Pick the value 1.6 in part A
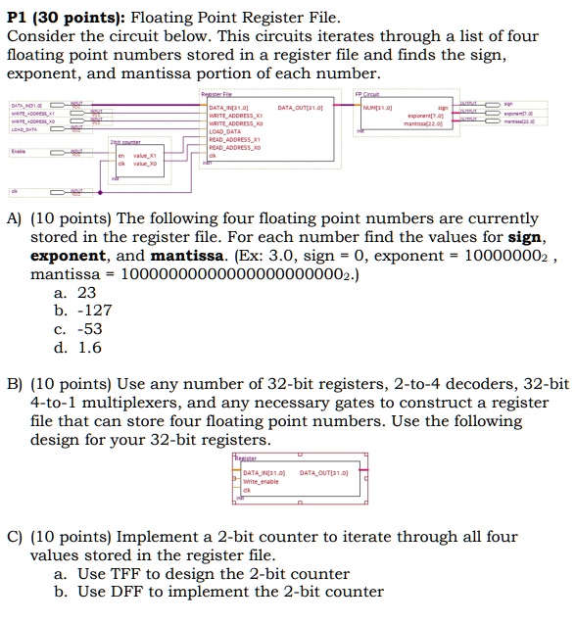tap(88, 347)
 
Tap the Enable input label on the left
tap(19, 153)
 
